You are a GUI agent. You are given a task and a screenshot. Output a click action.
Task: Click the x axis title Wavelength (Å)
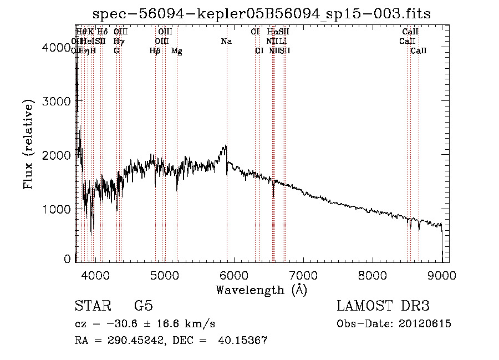click(x=261, y=290)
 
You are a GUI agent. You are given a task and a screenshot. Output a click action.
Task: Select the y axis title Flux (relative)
click(x=28, y=145)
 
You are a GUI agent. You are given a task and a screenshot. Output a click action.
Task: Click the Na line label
click(x=226, y=42)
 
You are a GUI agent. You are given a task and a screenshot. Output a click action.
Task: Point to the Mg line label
click(x=177, y=51)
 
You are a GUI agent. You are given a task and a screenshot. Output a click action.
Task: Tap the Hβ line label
click(x=155, y=51)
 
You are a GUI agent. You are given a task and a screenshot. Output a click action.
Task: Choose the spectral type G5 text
click(x=143, y=306)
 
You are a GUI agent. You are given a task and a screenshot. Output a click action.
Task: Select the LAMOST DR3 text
click(x=383, y=306)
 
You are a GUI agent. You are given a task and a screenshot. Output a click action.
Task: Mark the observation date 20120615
click(x=426, y=324)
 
